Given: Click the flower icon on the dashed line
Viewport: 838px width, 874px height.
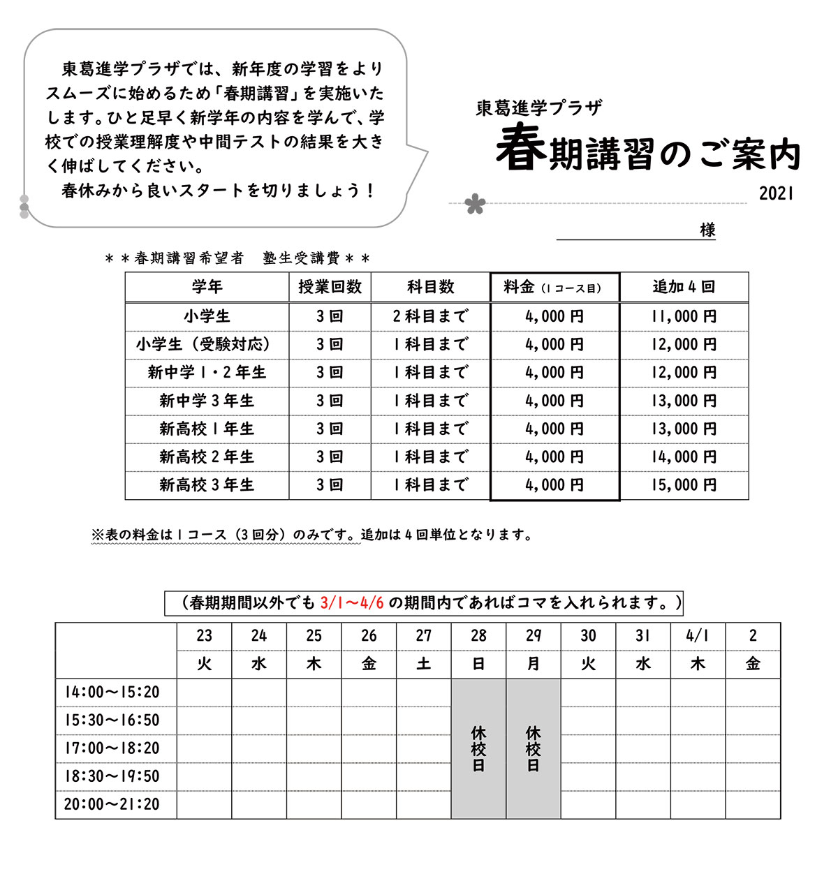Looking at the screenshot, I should point(475,204).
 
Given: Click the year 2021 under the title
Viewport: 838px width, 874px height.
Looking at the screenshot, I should point(776,194).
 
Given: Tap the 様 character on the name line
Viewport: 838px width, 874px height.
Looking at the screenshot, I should point(707,230).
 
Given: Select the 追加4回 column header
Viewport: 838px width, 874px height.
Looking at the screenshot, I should point(684,287).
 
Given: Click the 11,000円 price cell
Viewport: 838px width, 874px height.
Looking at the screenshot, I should point(684,316).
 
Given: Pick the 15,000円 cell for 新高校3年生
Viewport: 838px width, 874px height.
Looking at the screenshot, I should point(684,485).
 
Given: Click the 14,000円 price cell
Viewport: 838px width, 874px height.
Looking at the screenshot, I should point(684,457).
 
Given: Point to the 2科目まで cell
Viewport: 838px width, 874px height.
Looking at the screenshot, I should point(430,316).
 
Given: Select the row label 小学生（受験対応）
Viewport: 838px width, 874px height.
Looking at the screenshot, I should point(207,344).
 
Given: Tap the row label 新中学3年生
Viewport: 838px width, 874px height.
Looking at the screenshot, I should point(207,401).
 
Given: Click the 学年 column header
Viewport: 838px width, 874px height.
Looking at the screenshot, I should point(207,287).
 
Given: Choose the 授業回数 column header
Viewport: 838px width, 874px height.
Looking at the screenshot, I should point(330,287).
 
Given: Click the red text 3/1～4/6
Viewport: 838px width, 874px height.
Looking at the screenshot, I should point(352,603).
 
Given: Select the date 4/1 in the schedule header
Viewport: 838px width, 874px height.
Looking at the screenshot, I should point(698,636).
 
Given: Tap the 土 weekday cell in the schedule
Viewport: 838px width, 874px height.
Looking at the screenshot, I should point(424,664).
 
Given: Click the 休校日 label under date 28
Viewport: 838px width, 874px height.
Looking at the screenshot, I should point(478,748).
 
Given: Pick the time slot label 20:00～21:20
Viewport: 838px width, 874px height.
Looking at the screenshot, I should point(112,804).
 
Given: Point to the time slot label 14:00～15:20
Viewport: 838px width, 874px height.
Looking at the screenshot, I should point(112,692).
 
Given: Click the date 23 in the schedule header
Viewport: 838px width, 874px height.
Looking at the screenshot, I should point(204,636).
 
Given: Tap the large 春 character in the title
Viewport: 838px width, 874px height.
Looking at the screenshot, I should point(521,148).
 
